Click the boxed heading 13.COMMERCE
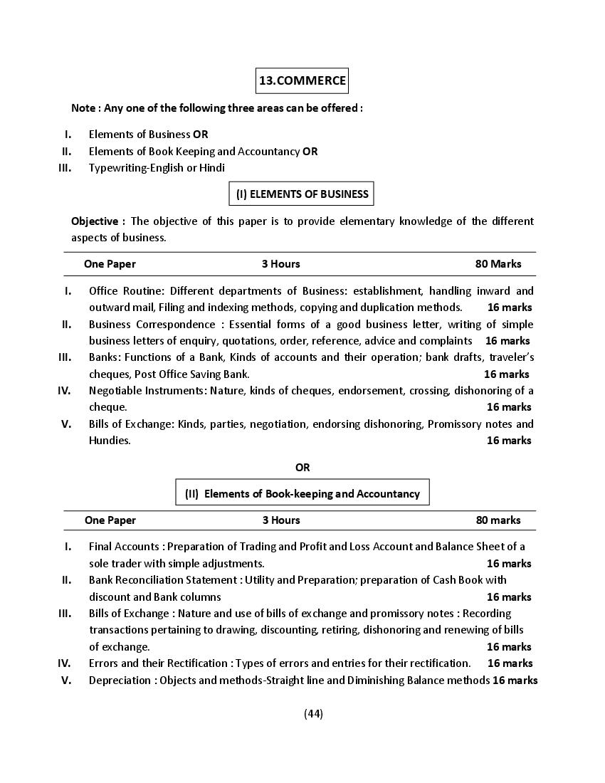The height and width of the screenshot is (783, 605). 302,80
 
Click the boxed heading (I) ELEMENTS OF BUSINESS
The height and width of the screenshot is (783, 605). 302,194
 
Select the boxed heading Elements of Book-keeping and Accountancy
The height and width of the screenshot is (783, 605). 302,493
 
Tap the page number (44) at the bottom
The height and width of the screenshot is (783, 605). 313,714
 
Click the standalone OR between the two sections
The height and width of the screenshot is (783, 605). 302,468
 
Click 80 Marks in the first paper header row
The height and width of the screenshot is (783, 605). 498,264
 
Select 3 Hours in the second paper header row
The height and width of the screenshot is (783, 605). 280,520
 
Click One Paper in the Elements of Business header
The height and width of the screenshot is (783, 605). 110,264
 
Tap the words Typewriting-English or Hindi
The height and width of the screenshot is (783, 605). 157,168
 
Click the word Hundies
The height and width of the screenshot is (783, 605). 109,441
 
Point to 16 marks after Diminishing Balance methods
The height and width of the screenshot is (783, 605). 514,680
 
